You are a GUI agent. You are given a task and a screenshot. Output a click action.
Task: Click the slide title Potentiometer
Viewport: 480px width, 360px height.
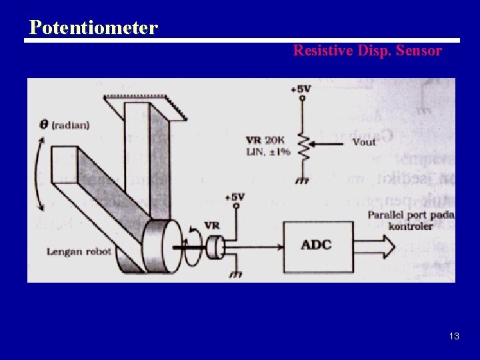[x=93, y=28]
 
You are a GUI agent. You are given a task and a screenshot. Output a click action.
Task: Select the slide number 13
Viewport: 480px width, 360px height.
[x=454, y=336]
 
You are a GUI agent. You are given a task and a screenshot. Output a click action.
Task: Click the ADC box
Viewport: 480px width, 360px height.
[x=316, y=245]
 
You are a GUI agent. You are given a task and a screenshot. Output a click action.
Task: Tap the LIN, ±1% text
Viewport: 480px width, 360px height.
[x=267, y=151]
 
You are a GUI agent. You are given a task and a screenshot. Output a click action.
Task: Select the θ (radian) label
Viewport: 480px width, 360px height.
[x=65, y=125]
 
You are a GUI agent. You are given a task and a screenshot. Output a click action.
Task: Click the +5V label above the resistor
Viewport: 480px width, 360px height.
[x=301, y=89]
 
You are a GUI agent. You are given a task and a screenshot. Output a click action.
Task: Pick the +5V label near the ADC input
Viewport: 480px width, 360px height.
[x=235, y=197]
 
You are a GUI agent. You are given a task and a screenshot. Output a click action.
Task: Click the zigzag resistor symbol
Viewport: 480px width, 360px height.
[x=303, y=149]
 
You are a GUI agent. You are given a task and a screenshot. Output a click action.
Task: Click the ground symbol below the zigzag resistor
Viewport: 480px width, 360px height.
[x=303, y=180]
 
